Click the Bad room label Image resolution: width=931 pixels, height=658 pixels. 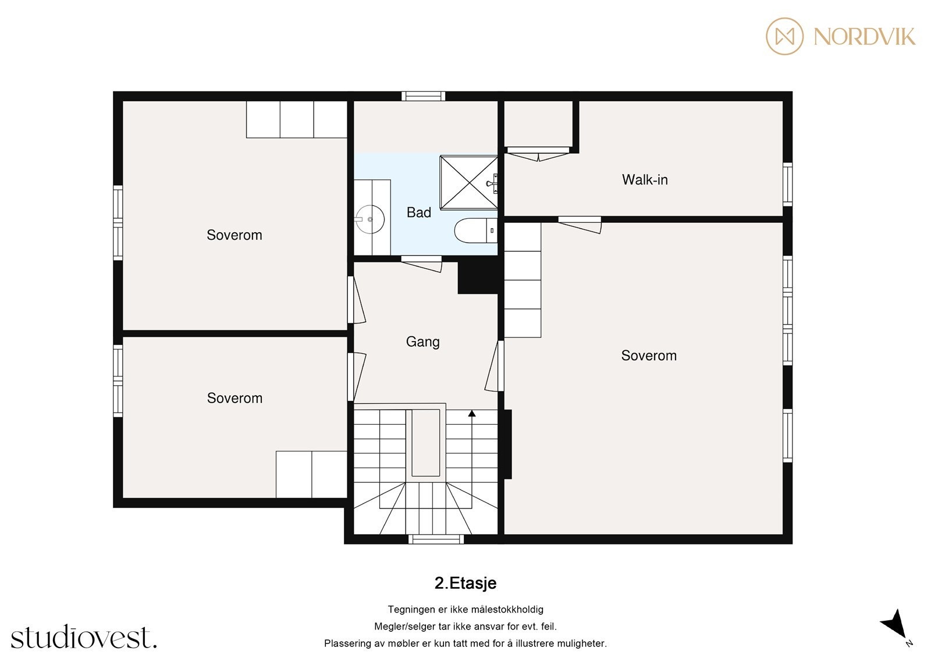pos(418,212)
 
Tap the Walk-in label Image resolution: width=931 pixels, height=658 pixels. pos(644,180)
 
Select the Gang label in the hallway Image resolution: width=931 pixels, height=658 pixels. pos(422,342)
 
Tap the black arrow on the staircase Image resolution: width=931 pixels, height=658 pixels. pos(472,414)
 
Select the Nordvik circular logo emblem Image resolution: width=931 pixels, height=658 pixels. pos(784,36)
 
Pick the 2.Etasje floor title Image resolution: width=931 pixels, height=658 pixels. pos(465,583)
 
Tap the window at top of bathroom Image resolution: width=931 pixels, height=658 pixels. pos(423,96)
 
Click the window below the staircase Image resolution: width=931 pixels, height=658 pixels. pos(436,539)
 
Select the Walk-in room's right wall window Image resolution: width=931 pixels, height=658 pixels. pos(787,184)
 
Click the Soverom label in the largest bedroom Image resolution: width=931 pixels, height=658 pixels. pos(649,355)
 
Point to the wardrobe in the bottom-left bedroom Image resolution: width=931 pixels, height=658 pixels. pos(311,474)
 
